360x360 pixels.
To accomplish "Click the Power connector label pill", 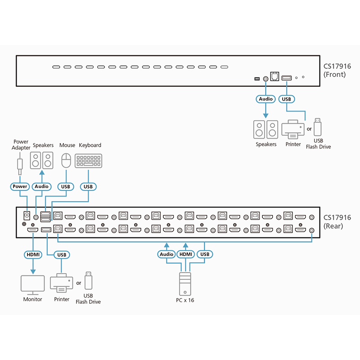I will (20, 186).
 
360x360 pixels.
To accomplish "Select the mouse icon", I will (66, 160).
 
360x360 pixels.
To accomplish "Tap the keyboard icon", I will (89, 160).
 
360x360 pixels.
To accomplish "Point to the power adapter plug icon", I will (20, 165).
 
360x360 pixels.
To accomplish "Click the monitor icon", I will (33, 284).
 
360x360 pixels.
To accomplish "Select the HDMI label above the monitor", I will (33, 255).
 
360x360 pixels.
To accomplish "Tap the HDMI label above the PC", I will (185, 254).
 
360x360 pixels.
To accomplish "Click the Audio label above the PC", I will (166, 254).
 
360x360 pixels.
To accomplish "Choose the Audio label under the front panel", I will (265, 99).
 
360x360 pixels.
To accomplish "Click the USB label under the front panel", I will (286, 99).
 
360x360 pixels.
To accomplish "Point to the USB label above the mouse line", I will (66, 186).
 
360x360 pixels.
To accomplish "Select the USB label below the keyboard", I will (88, 186).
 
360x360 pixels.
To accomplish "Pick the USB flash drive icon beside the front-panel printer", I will (318, 127).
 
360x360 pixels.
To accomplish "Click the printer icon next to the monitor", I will (61, 283).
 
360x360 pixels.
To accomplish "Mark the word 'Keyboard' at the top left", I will (90, 145).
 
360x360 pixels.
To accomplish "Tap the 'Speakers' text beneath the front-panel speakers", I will (266, 144).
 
